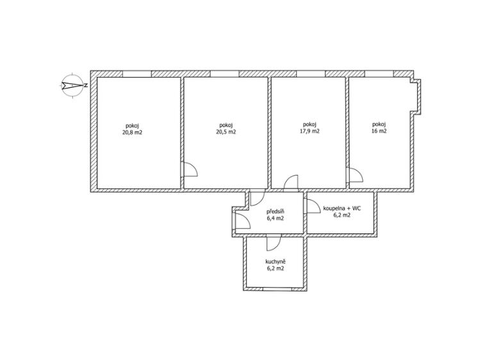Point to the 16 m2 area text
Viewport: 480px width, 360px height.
click(379, 131)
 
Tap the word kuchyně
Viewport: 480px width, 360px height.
click(275, 261)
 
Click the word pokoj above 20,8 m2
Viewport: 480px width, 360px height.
click(131, 125)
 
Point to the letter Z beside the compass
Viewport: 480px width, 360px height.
click(86, 85)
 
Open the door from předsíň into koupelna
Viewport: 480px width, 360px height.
click(313, 206)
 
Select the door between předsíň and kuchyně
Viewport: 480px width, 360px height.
click(272, 242)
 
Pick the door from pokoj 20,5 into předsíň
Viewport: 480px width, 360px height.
click(256, 198)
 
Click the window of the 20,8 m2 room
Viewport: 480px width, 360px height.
click(137, 74)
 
